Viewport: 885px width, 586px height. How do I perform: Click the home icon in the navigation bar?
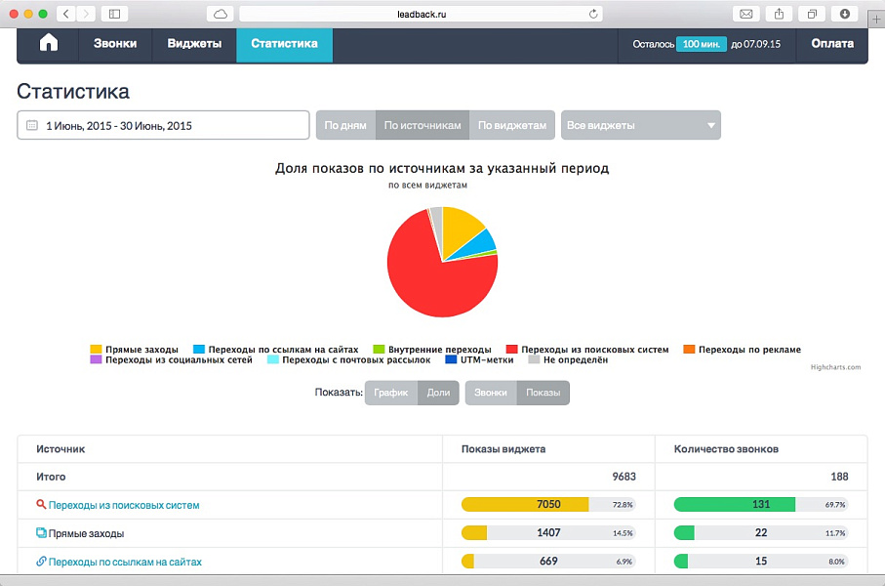tap(49, 44)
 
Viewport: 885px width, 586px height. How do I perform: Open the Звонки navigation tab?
tap(115, 44)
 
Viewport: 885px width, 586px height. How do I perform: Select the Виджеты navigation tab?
tap(194, 44)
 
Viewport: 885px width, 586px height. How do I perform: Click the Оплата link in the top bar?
tap(831, 44)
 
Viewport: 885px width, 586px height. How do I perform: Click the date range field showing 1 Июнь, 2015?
tap(163, 125)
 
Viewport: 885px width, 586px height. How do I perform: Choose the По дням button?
tap(344, 125)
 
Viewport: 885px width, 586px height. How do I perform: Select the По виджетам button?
tap(512, 125)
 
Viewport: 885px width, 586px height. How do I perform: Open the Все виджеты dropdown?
tap(641, 125)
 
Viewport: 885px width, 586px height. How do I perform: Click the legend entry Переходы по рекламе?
tap(746, 350)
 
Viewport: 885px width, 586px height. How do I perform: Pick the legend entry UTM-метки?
tap(477, 360)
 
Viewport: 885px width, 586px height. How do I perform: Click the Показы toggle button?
tap(543, 393)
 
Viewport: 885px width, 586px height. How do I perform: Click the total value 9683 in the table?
tap(624, 477)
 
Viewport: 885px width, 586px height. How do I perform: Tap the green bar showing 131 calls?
tap(734, 505)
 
